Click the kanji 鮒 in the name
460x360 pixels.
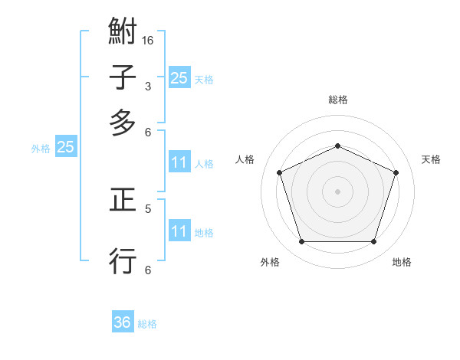coord(123,34)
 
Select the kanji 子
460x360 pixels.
coord(123,78)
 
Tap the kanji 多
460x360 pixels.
coord(123,123)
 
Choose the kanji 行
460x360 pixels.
coord(123,260)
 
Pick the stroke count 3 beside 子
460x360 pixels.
coord(147,86)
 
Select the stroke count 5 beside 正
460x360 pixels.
coord(147,208)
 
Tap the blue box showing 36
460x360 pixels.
coord(123,322)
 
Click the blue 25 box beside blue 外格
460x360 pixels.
coord(65,148)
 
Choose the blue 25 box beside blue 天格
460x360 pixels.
coord(179,77)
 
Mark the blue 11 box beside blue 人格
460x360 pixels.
coord(179,162)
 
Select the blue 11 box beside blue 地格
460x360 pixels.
coord(179,231)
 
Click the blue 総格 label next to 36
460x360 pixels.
coord(147,324)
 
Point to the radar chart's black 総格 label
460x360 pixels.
coord(337,100)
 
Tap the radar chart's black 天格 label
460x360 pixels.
coord(431,159)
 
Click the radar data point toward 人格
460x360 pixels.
coord(279,172)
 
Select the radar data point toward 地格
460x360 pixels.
coord(373,242)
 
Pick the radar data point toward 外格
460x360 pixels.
coord(301,242)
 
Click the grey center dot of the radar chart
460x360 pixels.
coord(337,191)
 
